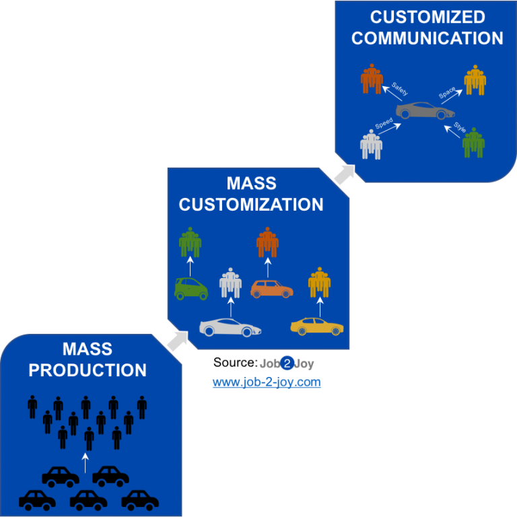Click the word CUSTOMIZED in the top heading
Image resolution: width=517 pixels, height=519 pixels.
coord(427,17)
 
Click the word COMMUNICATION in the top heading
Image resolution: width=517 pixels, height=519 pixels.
coord(427,38)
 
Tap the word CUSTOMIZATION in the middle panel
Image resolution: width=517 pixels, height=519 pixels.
coord(251,205)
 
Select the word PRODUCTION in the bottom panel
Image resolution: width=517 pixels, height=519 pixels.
coord(88,370)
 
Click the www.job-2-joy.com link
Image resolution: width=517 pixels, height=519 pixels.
coord(267,383)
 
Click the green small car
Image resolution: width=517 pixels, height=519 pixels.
coord(191,289)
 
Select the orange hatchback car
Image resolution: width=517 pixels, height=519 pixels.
coord(272,289)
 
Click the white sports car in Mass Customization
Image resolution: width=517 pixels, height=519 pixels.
coord(230,328)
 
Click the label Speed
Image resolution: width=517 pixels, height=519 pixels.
coord(384,124)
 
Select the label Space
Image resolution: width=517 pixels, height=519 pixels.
coord(447,93)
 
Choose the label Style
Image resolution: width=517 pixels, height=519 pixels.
coord(459,127)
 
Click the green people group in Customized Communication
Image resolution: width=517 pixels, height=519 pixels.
coord(474,143)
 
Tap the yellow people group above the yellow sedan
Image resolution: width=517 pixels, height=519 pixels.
coord(319,283)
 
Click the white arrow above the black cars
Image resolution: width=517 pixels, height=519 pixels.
coord(85,462)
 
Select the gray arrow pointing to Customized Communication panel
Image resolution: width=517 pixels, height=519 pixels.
coord(345,173)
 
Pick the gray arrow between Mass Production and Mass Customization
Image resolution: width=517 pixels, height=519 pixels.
coord(177,341)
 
